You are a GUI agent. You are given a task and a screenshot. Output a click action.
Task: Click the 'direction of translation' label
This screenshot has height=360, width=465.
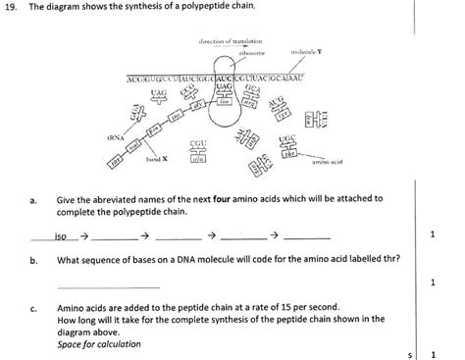(225, 40)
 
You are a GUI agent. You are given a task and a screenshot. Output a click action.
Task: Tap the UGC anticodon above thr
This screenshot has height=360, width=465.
(288, 139)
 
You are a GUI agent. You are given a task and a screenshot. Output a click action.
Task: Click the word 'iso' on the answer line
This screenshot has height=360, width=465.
(61, 236)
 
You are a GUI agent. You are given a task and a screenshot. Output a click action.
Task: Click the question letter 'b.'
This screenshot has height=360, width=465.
(33, 261)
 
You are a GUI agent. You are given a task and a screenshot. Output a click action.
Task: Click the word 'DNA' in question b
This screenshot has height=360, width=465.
(175, 261)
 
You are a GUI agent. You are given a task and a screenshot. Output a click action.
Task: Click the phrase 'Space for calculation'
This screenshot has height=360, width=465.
(99, 343)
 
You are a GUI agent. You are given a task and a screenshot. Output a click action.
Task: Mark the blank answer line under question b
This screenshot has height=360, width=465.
(94, 286)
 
